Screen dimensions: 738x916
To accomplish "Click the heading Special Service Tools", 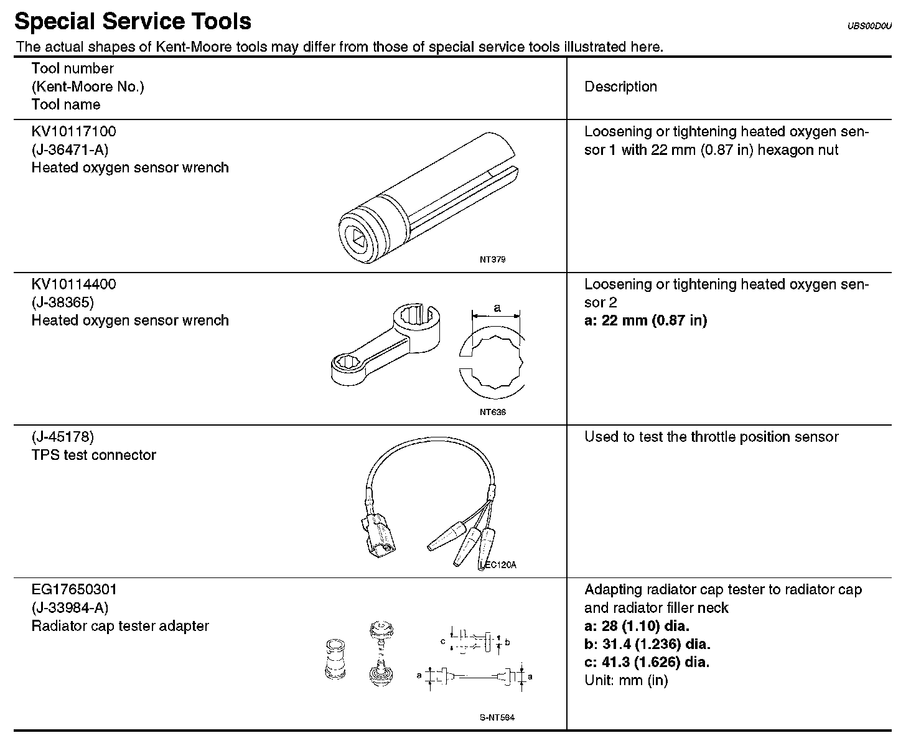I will [x=133, y=22].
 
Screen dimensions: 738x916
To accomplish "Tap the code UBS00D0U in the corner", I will [x=869, y=26].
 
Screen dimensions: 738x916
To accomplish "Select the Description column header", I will [x=620, y=87].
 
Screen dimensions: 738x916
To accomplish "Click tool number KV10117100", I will [x=73, y=132].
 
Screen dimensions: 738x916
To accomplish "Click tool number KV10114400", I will [x=73, y=284].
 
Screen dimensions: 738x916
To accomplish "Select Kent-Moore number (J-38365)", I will [x=62, y=302].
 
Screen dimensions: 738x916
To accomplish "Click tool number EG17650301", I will [x=74, y=589].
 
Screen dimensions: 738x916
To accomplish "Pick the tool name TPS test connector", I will [x=93, y=455].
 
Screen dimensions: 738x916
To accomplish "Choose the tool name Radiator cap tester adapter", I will [x=120, y=626].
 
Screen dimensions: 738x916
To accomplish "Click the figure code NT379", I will [x=492, y=259].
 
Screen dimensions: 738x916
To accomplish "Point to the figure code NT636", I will [x=492, y=412].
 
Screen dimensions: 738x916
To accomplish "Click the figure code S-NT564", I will [x=497, y=717].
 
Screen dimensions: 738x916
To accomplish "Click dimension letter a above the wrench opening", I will [x=497, y=307].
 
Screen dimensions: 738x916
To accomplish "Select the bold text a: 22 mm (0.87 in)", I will [x=645, y=321].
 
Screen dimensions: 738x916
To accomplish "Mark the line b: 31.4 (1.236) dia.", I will [x=647, y=644].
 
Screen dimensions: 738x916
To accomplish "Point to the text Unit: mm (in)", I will [x=626, y=680].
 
